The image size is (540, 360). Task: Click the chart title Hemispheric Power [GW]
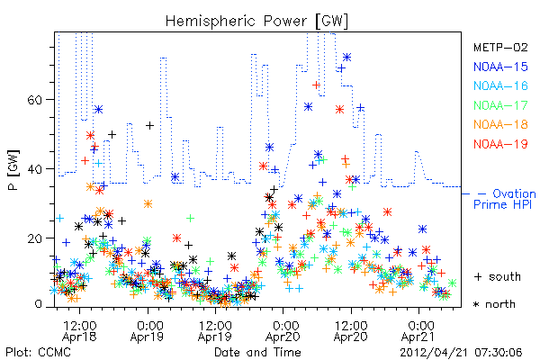(256, 22)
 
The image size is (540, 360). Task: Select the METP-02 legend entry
(500, 47)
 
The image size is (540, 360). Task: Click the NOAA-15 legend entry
(500, 67)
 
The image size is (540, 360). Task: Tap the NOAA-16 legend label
(500, 85)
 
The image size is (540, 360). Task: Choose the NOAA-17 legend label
(500, 105)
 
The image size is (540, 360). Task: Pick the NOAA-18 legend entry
(500, 124)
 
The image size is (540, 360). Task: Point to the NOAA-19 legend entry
(500, 144)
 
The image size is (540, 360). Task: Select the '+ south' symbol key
(498, 276)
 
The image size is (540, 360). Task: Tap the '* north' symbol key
(494, 304)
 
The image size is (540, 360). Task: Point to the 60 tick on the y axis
(34, 100)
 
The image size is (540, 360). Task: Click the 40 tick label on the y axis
(34, 169)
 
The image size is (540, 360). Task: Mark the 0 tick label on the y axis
(38, 304)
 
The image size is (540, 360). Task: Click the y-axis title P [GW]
(13, 170)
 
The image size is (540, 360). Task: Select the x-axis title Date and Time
(257, 352)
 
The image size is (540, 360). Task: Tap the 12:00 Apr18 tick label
(79, 331)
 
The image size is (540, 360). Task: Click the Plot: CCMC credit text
(38, 352)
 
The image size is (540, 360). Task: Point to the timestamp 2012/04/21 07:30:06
(461, 353)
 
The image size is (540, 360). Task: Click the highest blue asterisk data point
(346, 58)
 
